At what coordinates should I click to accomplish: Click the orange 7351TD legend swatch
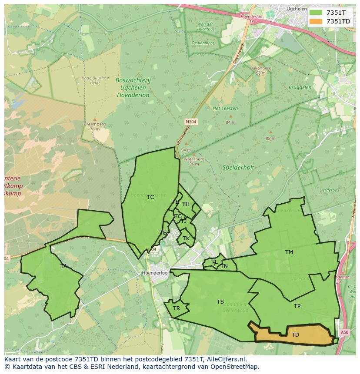(x=316, y=21)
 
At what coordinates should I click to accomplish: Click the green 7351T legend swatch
(x=316, y=13)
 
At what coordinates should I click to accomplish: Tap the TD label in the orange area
(x=295, y=334)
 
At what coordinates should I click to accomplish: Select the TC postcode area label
(x=150, y=197)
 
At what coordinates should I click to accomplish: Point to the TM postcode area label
(x=289, y=252)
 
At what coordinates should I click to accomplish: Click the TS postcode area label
(x=220, y=302)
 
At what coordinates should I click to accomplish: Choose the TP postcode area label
(x=297, y=306)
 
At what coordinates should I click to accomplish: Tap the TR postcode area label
(x=177, y=308)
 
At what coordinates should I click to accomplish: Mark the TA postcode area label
(x=64, y=266)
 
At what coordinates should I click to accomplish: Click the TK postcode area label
(x=186, y=238)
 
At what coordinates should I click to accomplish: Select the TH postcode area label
(x=186, y=204)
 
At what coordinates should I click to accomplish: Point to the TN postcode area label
(x=224, y=266)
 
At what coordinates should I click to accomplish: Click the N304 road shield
(x=191, y=122)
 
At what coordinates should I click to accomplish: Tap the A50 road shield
(x=344, y=332)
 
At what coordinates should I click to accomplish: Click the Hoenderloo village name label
(x=155, y=273)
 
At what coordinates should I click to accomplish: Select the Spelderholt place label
(x=238, y=167)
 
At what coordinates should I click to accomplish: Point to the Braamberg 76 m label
(x=95, y=126)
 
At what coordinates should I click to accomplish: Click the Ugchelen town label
(x=297, y=8)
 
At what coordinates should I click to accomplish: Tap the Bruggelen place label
(x=300, y=87)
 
